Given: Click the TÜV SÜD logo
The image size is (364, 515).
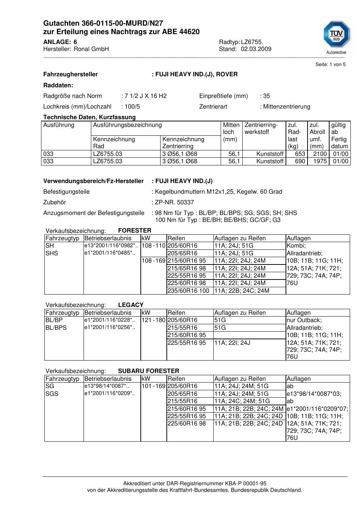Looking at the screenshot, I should (x=336, y=35).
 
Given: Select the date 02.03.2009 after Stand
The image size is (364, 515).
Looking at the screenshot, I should (x=256, y=49).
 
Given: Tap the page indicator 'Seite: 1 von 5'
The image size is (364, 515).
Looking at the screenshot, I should (x=330, y=65).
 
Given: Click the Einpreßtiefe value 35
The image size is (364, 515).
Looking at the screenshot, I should (x=266, y=96).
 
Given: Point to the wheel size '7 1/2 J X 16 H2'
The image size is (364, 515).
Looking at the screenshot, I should (x=146, y=96).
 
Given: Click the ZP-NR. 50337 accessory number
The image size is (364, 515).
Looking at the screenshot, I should (x=174, y=202).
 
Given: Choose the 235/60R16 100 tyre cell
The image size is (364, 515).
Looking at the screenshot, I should (x=188, y=291).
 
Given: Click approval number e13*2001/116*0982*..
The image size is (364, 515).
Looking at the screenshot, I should (x=111, y=246).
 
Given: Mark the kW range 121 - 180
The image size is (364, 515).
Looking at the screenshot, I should (x=153, y=320).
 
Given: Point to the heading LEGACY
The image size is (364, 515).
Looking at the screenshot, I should (x=131, y=305).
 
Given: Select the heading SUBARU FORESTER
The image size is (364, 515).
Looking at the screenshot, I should (x=148, y=371).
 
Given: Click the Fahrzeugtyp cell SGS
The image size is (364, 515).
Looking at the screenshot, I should (x=52, y=394).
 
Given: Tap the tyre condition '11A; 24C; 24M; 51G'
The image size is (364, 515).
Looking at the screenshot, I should (x=242, y=401).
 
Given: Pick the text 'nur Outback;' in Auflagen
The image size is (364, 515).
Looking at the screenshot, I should (x=304, y=320).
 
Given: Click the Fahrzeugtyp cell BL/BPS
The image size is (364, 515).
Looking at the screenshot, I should (x=56, y=328).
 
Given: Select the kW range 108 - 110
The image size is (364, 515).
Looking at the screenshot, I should (x=153, y=246).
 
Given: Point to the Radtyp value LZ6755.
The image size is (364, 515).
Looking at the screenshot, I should (x=252, y=42).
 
